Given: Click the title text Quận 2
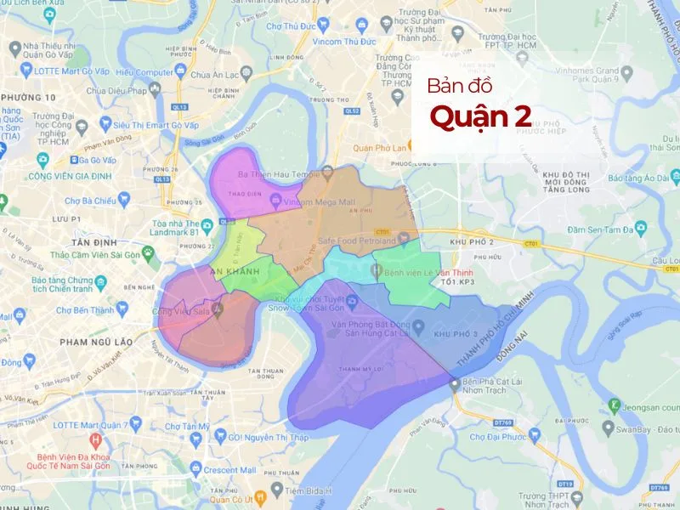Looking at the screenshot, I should point(481,117).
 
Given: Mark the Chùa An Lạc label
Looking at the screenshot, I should point(215,74).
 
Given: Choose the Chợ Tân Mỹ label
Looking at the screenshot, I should point(187,426).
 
